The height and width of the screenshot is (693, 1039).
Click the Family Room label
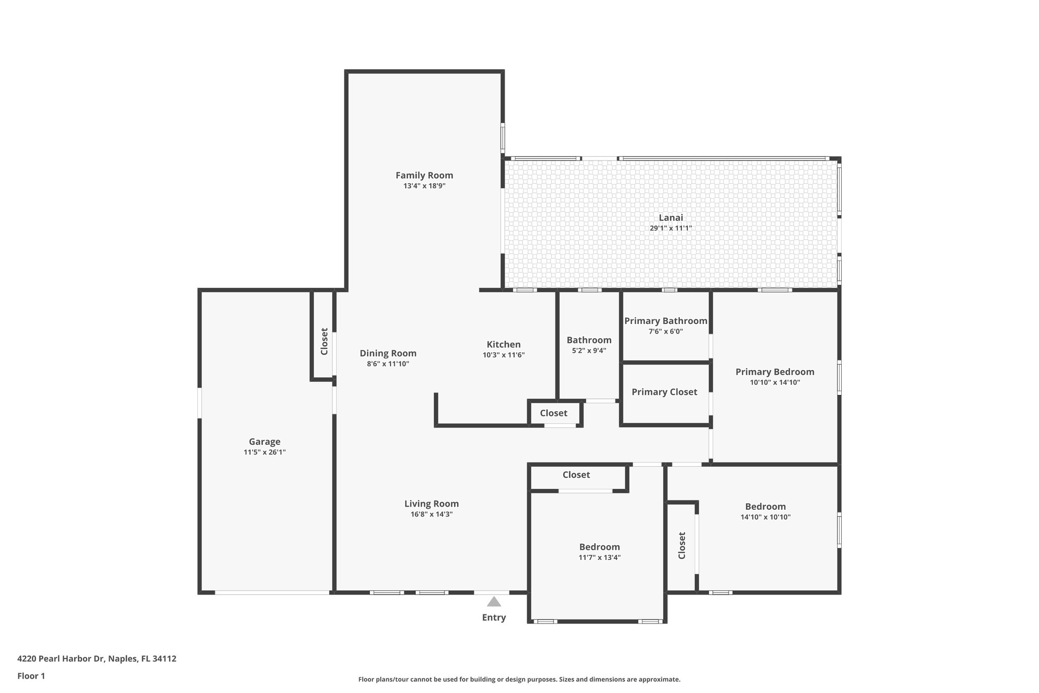[424, 175]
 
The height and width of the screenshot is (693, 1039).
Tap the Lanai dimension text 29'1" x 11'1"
[671, 228]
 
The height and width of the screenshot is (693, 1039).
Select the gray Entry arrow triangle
[494, 602]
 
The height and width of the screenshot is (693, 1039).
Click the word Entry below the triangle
[494, 617]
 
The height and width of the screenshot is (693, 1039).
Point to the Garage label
[264, 442]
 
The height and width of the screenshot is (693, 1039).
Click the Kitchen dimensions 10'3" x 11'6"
[503, 355]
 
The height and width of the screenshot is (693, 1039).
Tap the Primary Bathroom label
[666, 321]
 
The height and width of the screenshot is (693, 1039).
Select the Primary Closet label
[664, 392]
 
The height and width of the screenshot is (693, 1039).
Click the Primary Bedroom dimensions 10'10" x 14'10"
[775, 383]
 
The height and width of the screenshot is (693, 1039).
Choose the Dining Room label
[388, 353]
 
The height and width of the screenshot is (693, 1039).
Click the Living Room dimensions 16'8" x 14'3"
[431, 514]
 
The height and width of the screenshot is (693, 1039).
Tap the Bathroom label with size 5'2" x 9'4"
[589, 340]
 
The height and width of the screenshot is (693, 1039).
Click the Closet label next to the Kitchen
[553, 413]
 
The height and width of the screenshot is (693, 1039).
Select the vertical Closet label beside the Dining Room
[324, 341]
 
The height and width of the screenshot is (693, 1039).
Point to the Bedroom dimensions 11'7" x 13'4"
[600, 557]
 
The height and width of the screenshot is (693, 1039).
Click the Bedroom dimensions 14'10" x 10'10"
[765, 517]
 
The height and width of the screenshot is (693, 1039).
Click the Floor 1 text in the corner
[31, 676]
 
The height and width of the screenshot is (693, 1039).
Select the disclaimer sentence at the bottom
[519, 679]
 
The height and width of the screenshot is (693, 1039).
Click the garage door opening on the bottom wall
[272, 592]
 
